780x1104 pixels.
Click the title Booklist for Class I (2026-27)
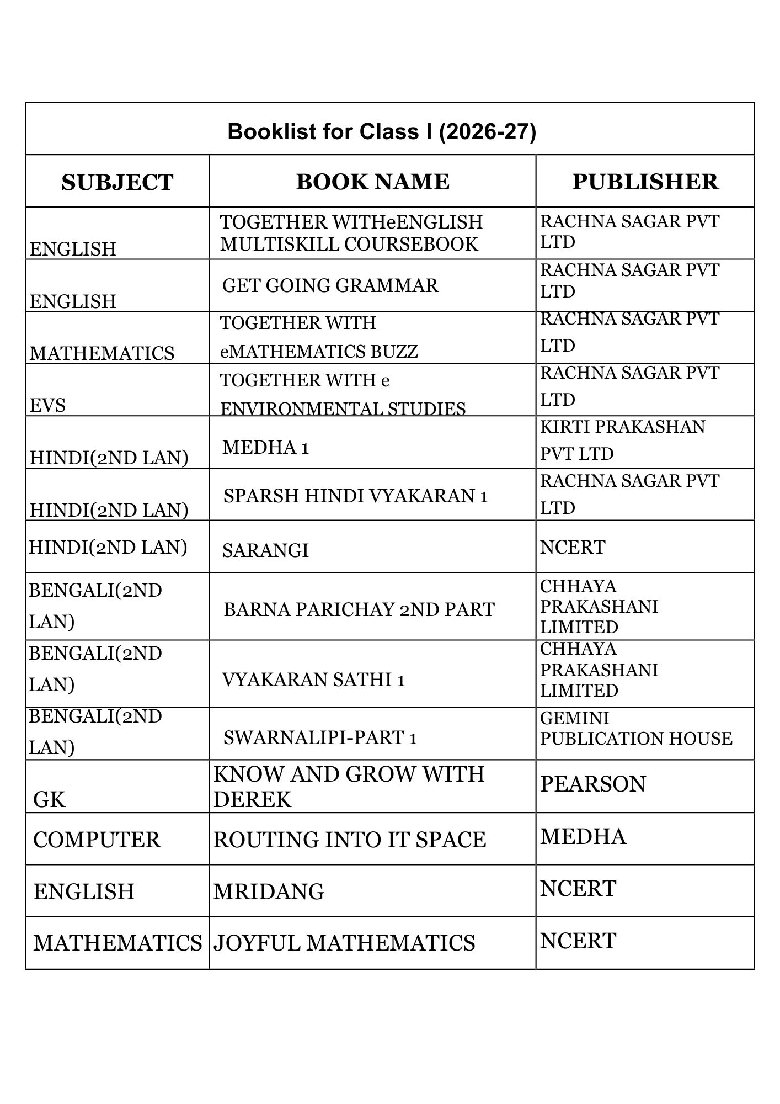[381, 132]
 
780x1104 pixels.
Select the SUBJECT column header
[117, 182]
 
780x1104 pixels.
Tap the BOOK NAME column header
[372, 182]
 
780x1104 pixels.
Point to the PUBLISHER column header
[645, 182]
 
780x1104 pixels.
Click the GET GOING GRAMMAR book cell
[330, 285]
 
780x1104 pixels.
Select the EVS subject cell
[47, 405]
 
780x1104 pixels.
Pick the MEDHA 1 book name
[265, 447]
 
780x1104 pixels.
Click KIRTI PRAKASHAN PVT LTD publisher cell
[622, 440]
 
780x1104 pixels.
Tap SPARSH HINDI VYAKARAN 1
[355, 496]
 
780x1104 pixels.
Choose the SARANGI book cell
[265, 550]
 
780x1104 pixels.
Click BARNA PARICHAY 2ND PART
[359, 609]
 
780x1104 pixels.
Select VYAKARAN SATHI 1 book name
[313, 680]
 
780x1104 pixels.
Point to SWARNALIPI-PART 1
[320, 737]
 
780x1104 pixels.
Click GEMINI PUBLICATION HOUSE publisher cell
[635, 728]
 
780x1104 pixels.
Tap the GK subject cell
[49, 799]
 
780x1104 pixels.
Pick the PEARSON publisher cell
[592, 784]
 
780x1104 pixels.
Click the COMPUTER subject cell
[97, 840]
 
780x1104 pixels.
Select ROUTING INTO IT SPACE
[350, 840]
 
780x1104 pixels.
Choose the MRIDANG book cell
[269, 892]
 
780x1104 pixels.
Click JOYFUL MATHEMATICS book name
[344, 943]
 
